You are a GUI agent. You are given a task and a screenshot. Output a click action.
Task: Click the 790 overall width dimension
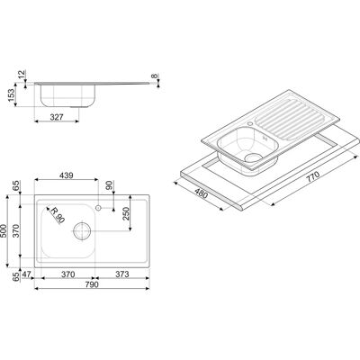point(92,284)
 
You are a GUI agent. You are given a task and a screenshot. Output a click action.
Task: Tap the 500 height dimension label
point(4,231)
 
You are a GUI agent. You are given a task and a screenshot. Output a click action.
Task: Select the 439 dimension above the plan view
point(67,175)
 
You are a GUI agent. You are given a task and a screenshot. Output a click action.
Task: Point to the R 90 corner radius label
point(57,215)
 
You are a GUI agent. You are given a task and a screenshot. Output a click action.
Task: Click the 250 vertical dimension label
point(126,213)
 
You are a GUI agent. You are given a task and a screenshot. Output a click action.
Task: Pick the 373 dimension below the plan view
point(122,274)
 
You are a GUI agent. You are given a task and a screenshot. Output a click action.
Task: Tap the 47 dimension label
point(27,274)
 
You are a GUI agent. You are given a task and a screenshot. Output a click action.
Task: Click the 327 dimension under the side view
point(57,117)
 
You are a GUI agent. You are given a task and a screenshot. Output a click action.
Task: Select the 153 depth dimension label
point(12,95)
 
